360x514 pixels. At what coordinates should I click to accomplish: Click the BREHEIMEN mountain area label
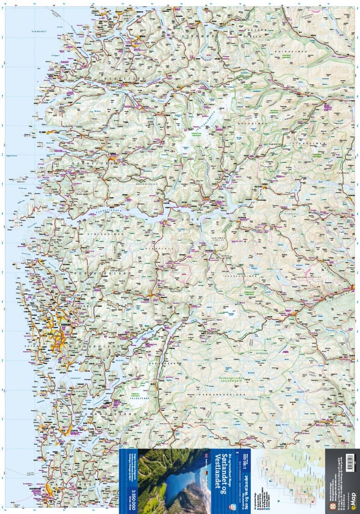coord(249,122)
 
